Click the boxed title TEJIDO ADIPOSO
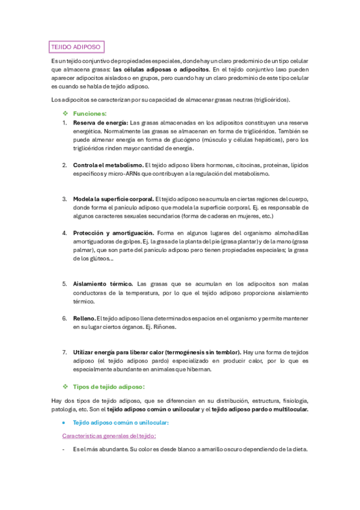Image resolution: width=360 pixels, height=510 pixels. coord(76,46)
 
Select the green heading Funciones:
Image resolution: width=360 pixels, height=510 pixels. coord(90,113)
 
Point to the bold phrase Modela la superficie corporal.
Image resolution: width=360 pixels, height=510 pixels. coord(113,198)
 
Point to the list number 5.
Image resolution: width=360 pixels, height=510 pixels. coord(65,283)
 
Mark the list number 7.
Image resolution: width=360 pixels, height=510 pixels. coord(65,352)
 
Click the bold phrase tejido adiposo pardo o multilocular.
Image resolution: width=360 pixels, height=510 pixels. coord(260,409)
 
